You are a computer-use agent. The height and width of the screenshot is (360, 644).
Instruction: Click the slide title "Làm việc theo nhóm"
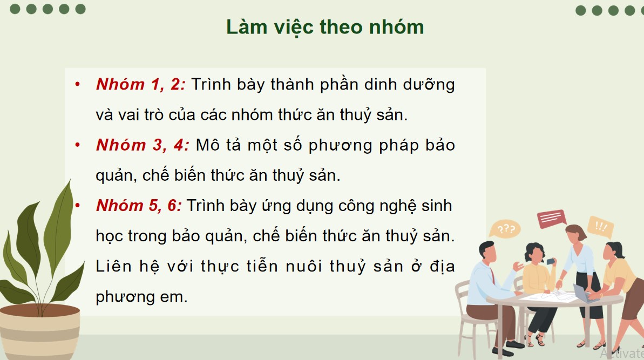click(324, 26)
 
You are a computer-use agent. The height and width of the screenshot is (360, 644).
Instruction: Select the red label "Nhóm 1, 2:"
click(140, 85)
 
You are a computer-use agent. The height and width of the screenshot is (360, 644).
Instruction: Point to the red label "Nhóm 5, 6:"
click(139, 206)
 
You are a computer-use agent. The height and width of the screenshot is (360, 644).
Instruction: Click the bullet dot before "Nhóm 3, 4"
click(78, 145)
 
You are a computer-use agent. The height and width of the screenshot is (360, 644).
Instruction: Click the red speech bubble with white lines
click(551, 219)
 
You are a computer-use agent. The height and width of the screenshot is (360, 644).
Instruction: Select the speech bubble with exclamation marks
click(600, 227)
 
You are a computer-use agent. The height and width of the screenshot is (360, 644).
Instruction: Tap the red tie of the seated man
click(493, 276)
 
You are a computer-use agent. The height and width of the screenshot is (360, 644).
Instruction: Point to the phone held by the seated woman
click(550, 261)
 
